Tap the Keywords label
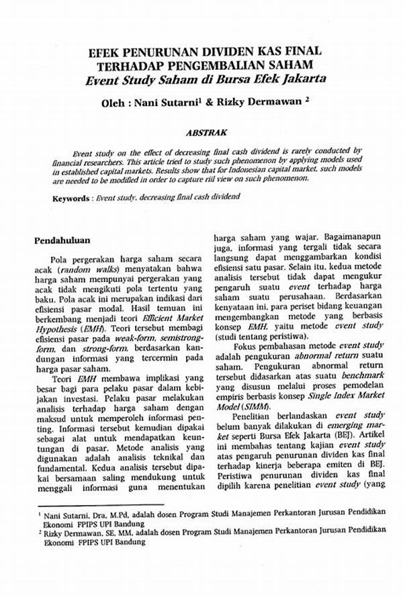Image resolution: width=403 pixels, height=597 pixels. (72, 199)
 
